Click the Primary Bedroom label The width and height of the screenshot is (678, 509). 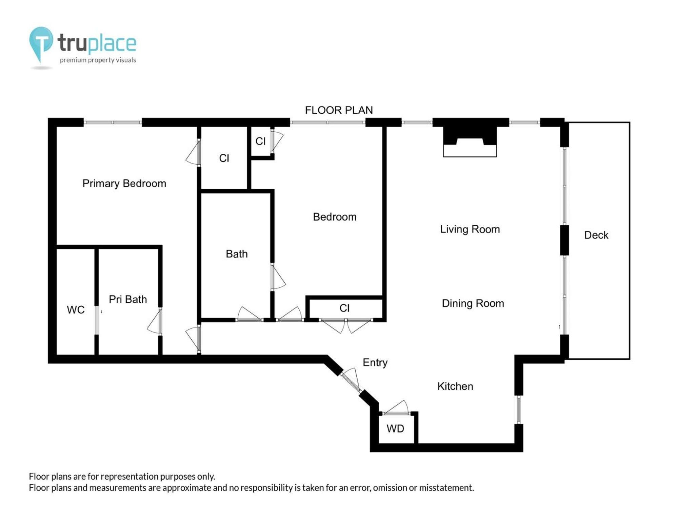point(124,184)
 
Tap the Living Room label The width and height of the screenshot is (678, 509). point(470,229)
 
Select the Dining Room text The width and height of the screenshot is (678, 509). point(473,303)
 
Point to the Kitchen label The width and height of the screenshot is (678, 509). point(455,386)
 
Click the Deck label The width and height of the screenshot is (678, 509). point(596,235)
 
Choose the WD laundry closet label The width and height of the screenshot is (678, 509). point(395,429)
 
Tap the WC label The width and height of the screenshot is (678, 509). point(76,310)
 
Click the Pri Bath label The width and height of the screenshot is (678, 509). point(128,299)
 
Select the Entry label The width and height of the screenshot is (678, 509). point(375,363)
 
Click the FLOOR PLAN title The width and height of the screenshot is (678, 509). point(339,110)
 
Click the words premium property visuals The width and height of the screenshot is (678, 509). point(98,60)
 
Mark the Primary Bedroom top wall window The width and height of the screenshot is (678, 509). point(113,122)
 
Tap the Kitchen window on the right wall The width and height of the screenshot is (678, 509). point(518,410)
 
